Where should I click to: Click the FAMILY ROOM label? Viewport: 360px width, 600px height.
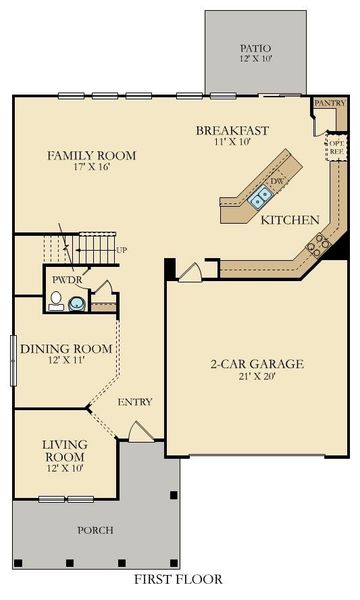pyautogui.click(x=92, y=156)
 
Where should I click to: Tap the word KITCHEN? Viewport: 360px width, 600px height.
pyautogui.click(x=289, y=219)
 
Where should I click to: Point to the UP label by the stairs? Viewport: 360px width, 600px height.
pyautogui.click(x=122, y=249)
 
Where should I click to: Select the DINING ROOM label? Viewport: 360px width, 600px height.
pyautogui.click(x=66, y=348)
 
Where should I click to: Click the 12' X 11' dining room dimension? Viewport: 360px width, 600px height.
pyautogui.click(x=66, y=361)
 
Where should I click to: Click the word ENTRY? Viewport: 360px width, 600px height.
pyautogui.click(x=135, y=402)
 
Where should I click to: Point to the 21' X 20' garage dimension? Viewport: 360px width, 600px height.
pyautogui.click(x=256, y=377)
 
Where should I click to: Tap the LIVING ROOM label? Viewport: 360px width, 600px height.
pyautogui.click(x=65, y=449)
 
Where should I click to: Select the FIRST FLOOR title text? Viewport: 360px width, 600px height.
pyautogui.click(x=178, y=578)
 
